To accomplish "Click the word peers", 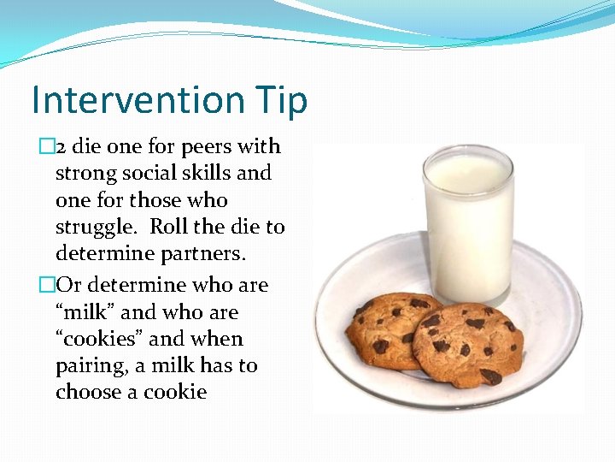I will click(x=208, y=146).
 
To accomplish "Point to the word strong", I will click(x=84, y=174).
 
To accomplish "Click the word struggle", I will click(x=95, y=228).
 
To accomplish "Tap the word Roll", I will click(x=168, y=227).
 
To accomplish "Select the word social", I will click(x=152, y=173).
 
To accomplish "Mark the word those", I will click(x=157, y=200).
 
